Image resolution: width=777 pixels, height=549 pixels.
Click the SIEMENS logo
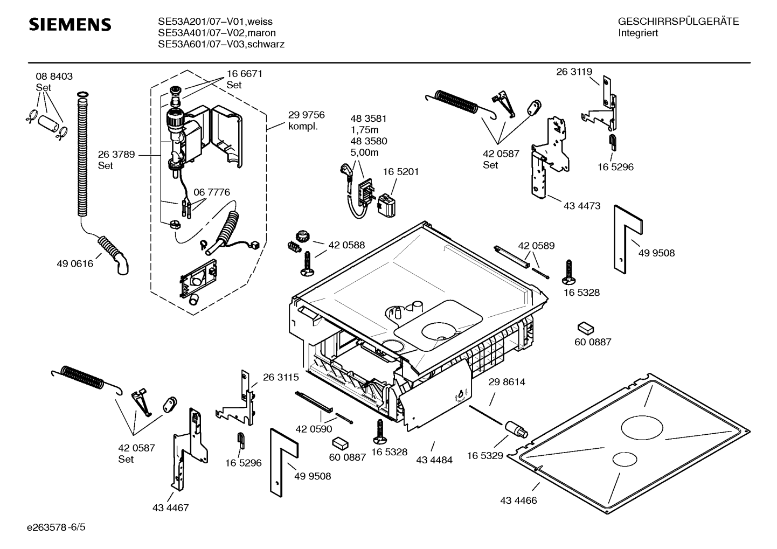[70, 25]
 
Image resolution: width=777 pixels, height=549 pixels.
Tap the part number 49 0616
[75, 263]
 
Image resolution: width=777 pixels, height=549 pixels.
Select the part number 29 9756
[306, 115]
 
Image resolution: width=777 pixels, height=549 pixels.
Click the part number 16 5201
[400, 172]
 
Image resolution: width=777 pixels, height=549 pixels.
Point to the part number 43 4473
[582, 206]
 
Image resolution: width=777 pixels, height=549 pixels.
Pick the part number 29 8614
[507, 382]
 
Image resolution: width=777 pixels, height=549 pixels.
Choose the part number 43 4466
[518, 501]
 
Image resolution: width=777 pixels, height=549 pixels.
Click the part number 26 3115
[281, 378]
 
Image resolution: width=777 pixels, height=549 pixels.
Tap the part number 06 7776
[212, 192]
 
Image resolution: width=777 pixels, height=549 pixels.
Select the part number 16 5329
[485, 456]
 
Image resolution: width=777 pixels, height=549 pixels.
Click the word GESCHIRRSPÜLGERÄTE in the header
[678, 22]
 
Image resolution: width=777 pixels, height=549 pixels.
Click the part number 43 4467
[170, 508]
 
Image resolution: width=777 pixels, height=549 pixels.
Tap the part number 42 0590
[314, 429]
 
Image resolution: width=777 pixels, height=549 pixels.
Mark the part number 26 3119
[574, 72]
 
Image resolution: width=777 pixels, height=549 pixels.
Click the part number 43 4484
[434, 460]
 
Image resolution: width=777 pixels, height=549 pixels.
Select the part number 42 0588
[346, 245]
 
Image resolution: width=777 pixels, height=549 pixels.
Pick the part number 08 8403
[54, 77]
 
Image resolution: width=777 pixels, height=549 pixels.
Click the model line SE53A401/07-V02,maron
[217, 33]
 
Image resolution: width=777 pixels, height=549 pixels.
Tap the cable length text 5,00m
[364, 152]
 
